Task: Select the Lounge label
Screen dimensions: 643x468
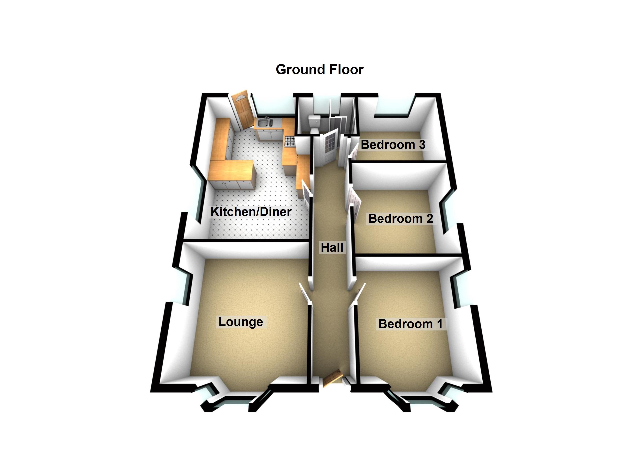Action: [x=241, y=322]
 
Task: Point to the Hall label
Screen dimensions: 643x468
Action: [x=332, y=248]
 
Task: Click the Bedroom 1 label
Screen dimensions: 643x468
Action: [x=410, y=324]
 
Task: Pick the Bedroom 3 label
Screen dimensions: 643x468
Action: [x=393, y=145]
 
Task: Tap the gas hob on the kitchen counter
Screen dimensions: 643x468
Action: [x=290, y=141]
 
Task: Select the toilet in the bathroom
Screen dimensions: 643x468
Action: [x=314, y=125]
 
